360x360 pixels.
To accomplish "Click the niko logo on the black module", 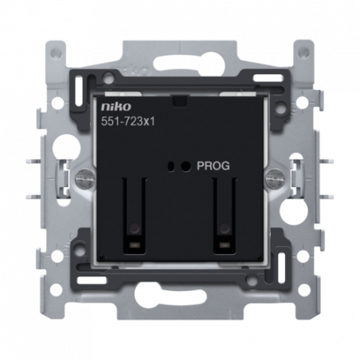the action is (x=116, y=107).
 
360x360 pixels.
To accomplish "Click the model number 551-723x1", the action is (x=127, y=122).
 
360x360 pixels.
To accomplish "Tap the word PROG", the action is (x=213, y=166).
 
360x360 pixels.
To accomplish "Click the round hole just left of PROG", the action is (x=186, y=166).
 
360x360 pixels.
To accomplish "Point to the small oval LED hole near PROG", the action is (x=171, y=166).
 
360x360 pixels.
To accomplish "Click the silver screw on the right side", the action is (x=275, y=176).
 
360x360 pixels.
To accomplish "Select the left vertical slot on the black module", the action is (x=135, y=215).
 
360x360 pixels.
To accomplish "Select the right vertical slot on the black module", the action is (x=225, y=215).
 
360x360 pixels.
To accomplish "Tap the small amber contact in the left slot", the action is (x=135, y=245).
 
